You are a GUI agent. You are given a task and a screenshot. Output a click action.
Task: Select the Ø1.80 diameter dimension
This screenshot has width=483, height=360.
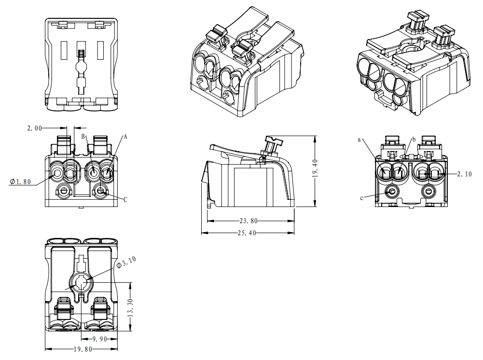coord(20,182)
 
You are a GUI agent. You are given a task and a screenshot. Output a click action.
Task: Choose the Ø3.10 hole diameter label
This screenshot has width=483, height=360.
coord(126,262)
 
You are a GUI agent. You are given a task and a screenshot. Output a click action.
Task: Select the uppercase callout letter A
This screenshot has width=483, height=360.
coord(125,137)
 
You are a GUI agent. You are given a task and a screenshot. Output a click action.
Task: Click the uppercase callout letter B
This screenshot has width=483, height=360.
coord(83,137)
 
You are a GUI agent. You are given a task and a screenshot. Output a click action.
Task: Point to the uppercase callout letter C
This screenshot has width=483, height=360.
coord(125,199)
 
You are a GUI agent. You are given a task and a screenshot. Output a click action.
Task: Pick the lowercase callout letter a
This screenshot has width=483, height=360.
coord(359,139)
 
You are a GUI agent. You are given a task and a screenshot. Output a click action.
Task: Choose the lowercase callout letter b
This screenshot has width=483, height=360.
coord(414,139)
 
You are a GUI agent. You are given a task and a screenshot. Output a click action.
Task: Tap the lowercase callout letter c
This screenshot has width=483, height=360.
coord(361,197)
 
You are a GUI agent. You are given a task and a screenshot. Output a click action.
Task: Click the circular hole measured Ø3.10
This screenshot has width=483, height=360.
coord(80,282)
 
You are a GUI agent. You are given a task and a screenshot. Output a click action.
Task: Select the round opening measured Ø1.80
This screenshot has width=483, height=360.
coord(57,173)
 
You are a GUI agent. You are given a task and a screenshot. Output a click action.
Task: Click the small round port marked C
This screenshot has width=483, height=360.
coord(101,192)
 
